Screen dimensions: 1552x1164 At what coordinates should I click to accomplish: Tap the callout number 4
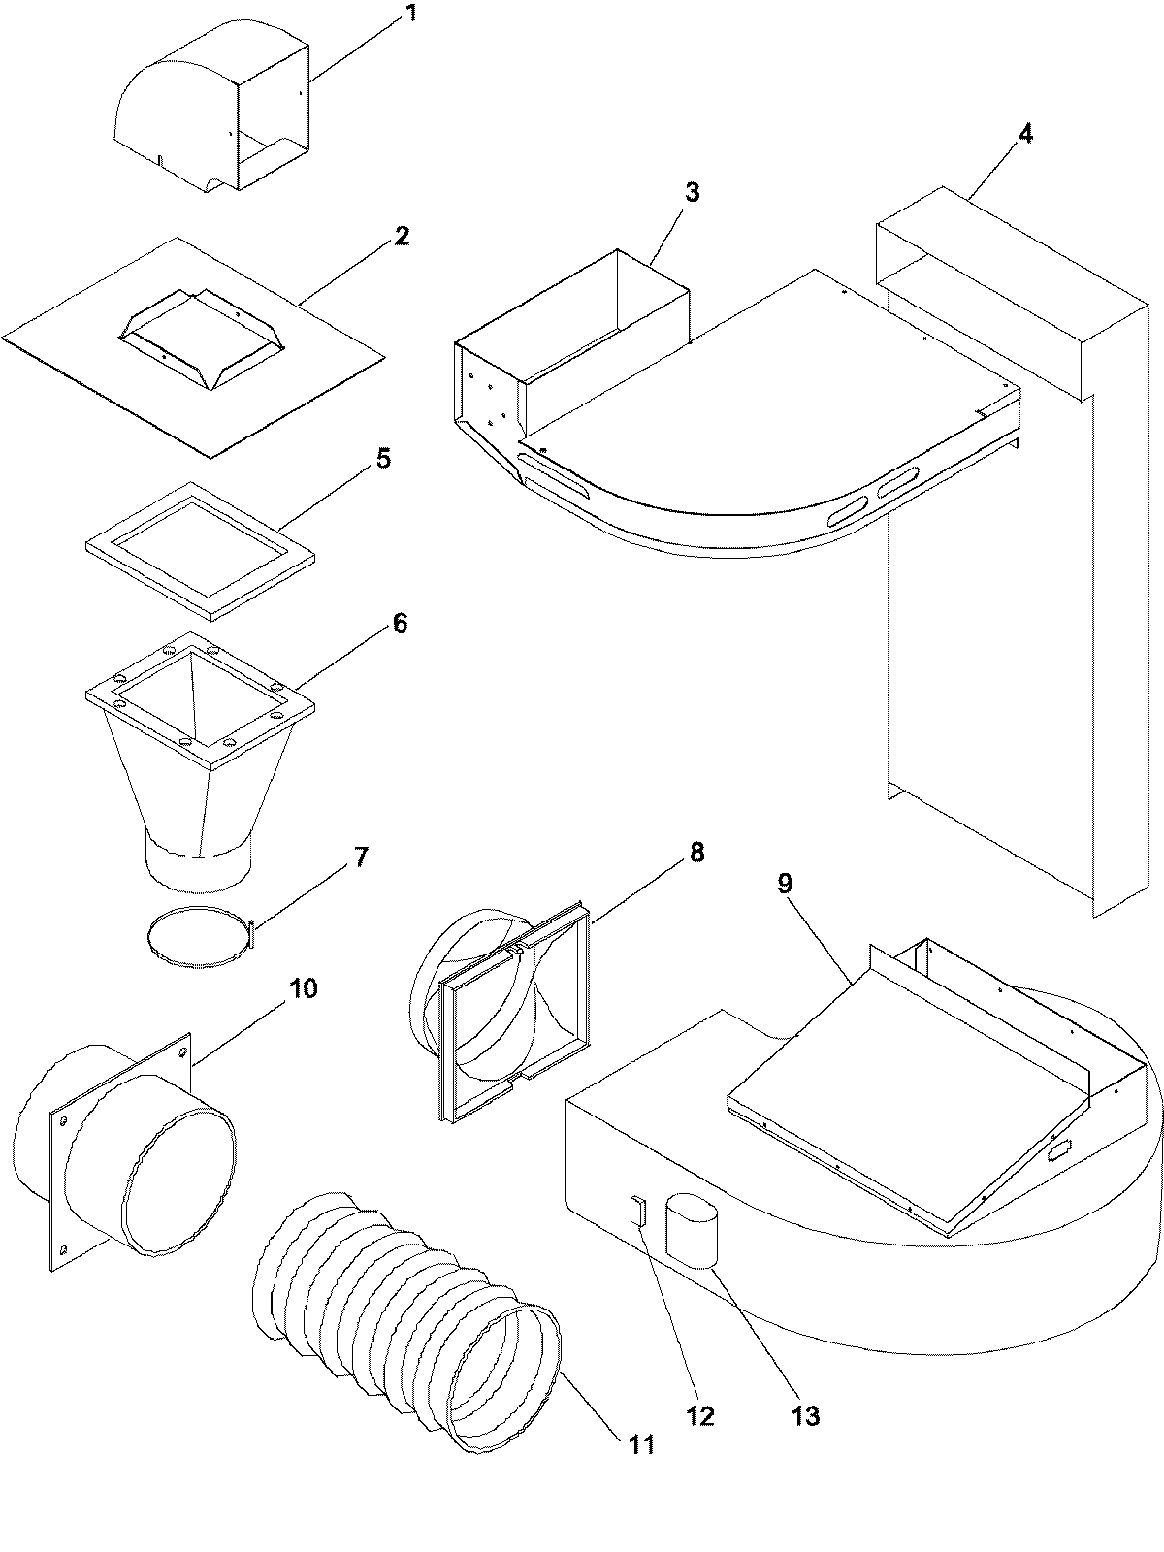1024,135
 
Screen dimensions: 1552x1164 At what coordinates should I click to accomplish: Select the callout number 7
360,857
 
